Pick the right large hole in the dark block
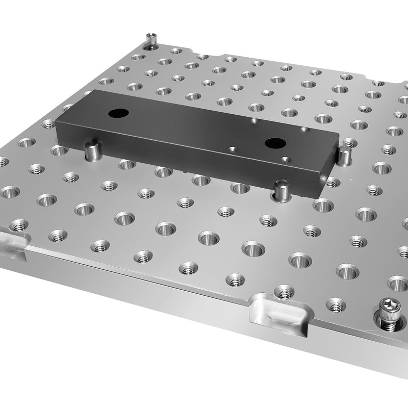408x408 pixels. click(272, 143)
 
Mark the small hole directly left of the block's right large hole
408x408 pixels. click(233, 149)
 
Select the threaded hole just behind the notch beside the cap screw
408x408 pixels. click(284, 291)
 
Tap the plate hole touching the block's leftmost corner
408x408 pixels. click(48, 123)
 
